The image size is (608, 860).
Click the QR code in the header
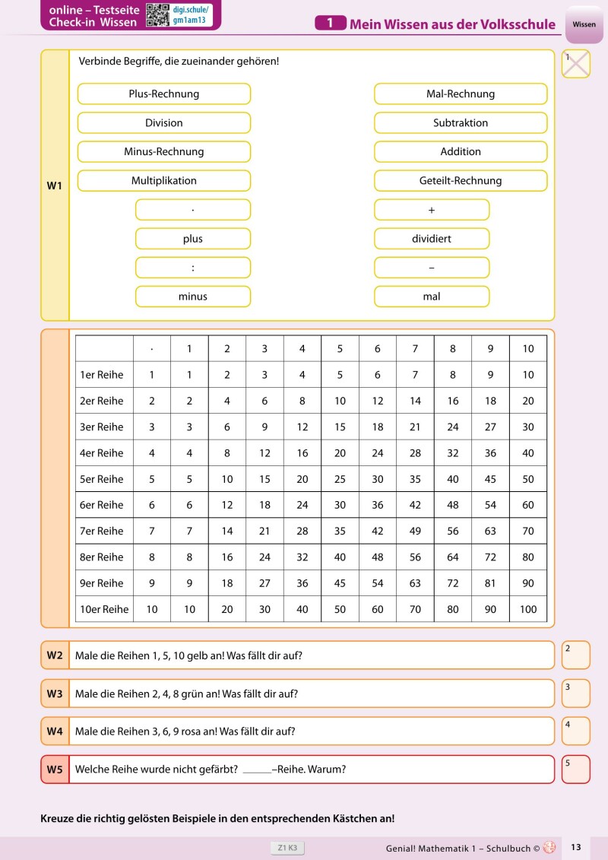pos(157,14)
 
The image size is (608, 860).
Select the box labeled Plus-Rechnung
pos(164,94)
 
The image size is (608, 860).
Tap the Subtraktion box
pos(461,122)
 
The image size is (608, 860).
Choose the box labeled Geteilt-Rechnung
pos(461,180)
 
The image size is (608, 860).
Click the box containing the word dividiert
pos(432,238)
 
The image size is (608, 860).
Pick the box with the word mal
pos(432,296)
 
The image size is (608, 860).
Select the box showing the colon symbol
pos(193,267)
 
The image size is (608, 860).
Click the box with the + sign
pos(432,209)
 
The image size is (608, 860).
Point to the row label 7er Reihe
pos(102,531)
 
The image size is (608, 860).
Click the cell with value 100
pos(528,609)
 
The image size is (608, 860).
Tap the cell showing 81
pos(491,583)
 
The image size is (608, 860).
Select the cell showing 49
pos(416,531)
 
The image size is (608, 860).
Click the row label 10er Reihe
pos(104,609)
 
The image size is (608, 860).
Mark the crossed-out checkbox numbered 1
pos(576,64)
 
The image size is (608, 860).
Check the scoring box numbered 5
pos(576,769)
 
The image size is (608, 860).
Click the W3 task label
pos(55,693)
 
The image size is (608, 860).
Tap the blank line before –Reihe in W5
pos(257,770)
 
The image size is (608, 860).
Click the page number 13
pos(576,847)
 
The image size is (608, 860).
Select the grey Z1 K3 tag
pos(287,847)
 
